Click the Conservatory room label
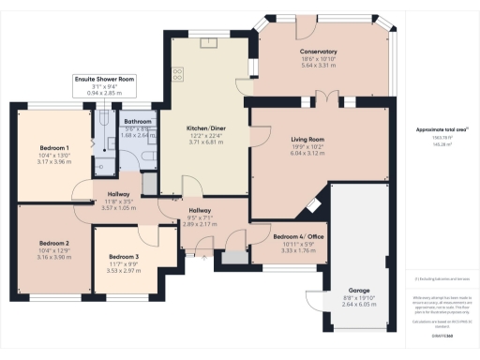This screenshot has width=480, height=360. pos(319,52)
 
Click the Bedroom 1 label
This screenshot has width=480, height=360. pos(55,148)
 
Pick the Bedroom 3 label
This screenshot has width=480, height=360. pos(124,256)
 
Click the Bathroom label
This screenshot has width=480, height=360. pos(138,122)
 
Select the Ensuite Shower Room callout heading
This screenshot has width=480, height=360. pos(105,80)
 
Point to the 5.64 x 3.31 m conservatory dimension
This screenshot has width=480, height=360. pos(319,66)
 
